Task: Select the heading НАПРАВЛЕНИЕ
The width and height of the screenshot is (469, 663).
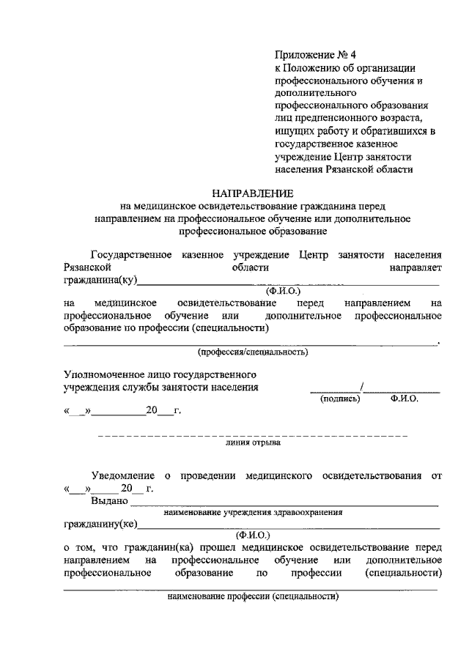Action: [x=252, y=193]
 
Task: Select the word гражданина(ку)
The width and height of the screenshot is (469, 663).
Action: [x=100, y=281]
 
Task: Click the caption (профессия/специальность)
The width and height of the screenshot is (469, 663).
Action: [x=252, y=352]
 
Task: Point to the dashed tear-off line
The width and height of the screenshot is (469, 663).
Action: [x=252, y=436]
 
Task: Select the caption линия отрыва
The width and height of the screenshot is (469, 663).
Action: [x=252, y=444]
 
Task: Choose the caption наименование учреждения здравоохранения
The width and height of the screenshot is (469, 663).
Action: [x=254, y=513]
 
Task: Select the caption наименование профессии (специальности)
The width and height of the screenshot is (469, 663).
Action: [x=254, y=596]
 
